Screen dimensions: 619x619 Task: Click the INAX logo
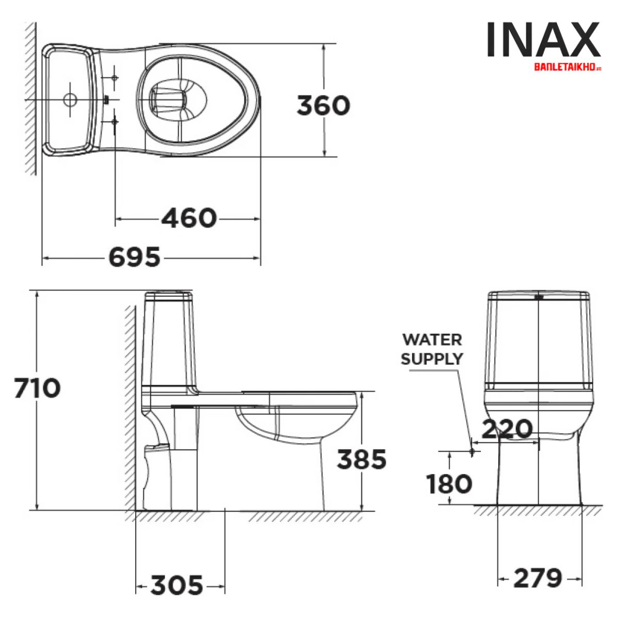pyautogui.click(x=543, y=40)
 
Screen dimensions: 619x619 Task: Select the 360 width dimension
pyautogui.click(x=323, y=105)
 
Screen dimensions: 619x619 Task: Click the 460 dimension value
pyautogui.click(x=189, y=218)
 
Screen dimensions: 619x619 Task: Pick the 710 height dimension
pyautogui.click(x=37, y=388)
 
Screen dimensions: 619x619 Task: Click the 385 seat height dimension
pyautogui.click(x=361, y=459)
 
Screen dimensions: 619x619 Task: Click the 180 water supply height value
pyautogui.click(x=449, y=484)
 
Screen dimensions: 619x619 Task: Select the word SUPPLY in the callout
pyautogui.click(x=432, y=359)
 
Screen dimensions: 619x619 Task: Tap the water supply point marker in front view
pyautogui.click(x=472, y=451)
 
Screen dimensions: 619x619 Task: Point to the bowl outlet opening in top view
pyautogui.click(x=168, y=99)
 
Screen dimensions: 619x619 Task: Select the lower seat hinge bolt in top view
pyautogui.click(x=115, y=122)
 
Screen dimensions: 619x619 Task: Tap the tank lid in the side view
pyautogui.click(x=169, y=296)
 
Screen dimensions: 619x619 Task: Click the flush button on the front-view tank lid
pyautogui.click(x=539, y=297)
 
